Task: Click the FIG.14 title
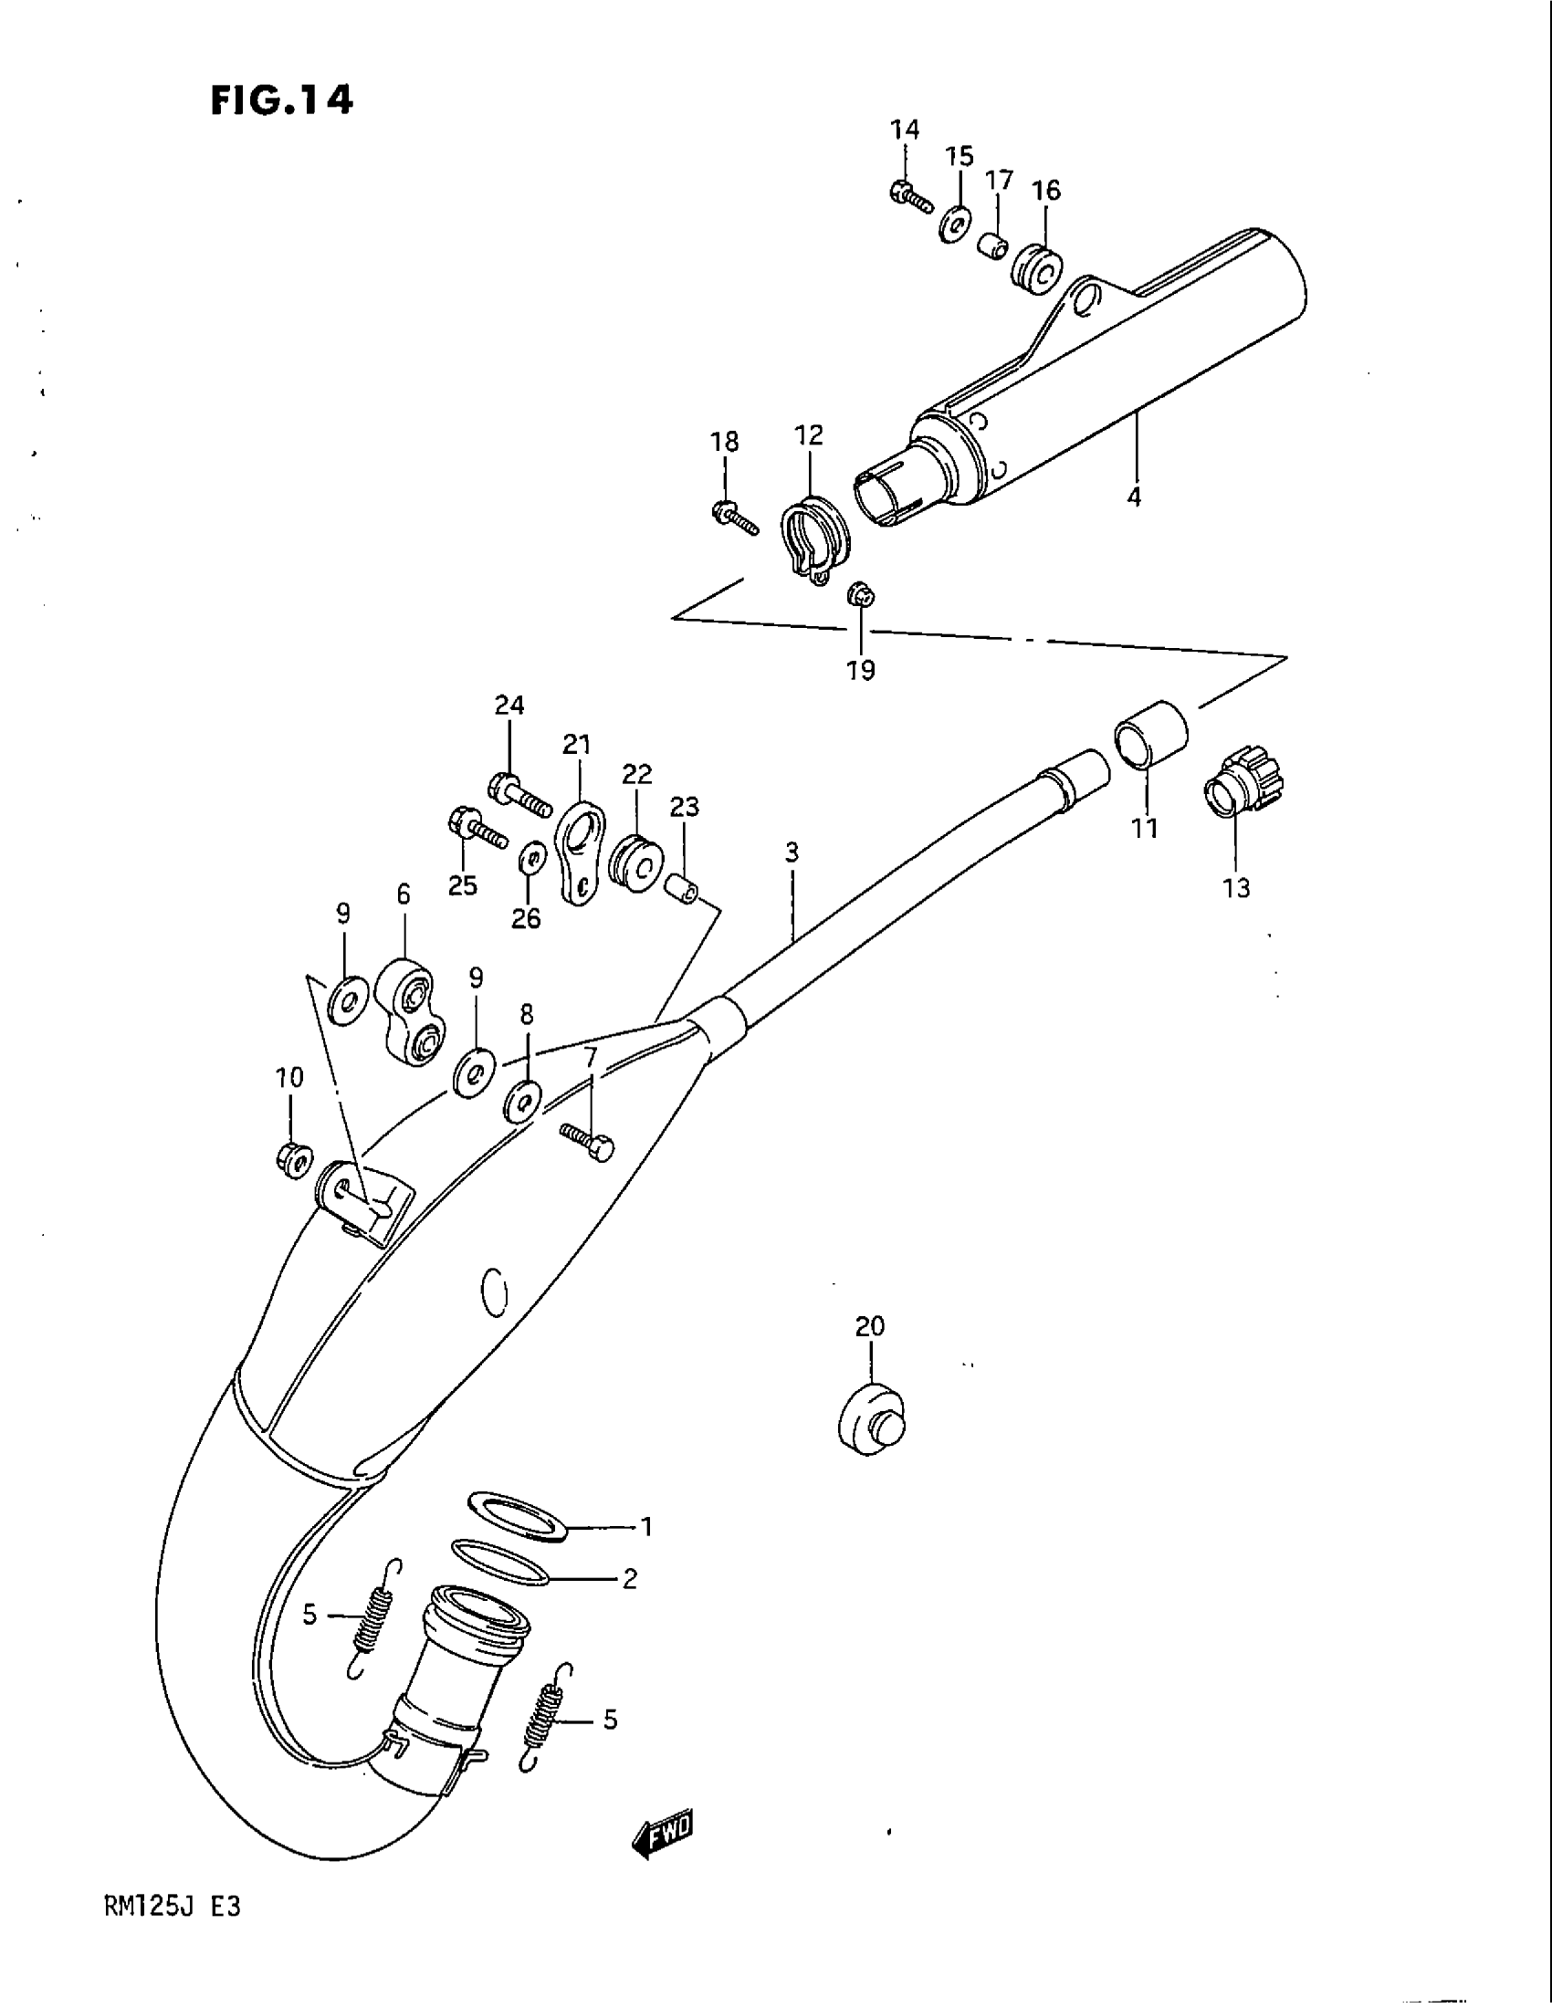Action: coord(281,100)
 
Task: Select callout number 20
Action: coord(870,1327)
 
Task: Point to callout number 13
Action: coord(1237,888)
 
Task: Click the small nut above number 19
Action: coord(861,594)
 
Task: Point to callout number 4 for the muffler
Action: coord(1135,497)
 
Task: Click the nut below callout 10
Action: coord(293,1161)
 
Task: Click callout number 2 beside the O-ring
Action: coord(630,1580)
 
